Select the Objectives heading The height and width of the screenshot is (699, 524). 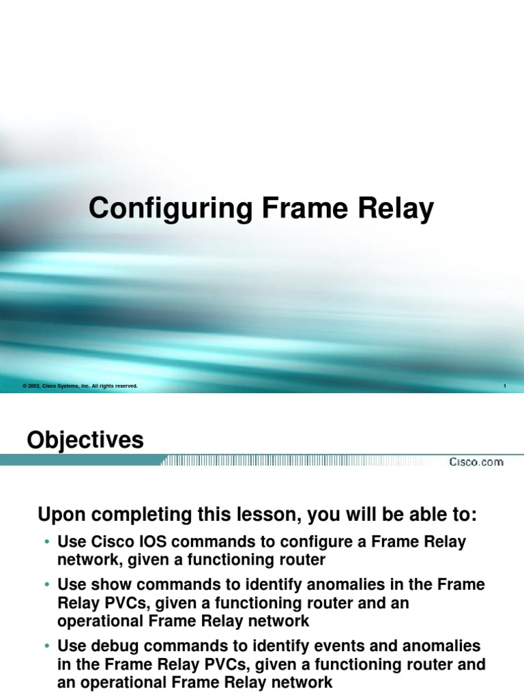click(85, 440)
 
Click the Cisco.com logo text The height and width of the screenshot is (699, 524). click(476, 462)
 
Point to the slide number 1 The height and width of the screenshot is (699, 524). click(504, 386)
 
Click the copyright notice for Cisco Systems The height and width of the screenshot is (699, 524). click(81, 386)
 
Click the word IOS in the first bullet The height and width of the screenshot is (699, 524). click(141, 543)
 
